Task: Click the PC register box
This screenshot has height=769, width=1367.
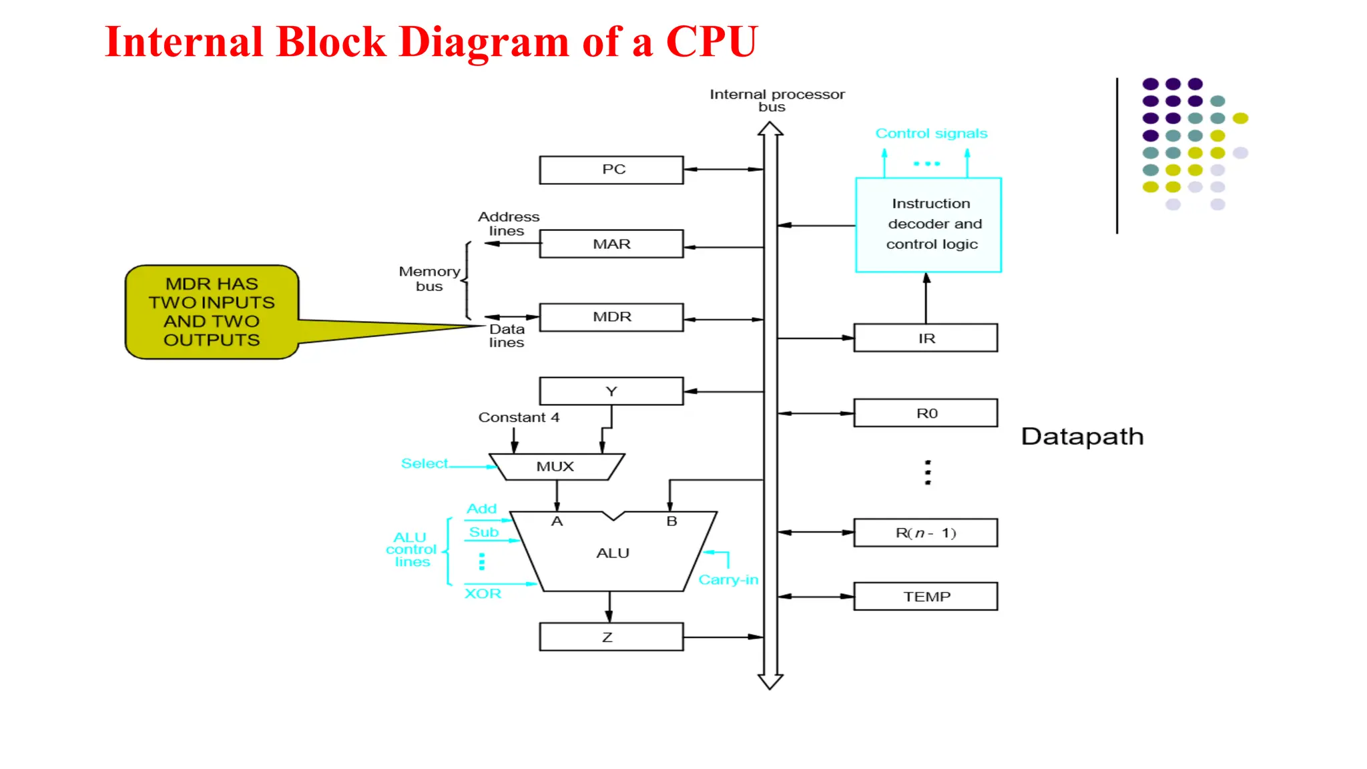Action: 611,170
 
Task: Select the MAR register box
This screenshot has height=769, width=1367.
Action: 611,244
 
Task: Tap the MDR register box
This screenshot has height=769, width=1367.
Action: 611,317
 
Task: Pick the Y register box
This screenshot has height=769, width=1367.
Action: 611,391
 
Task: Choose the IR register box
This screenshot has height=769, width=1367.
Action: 925,338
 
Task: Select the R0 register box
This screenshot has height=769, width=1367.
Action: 925,413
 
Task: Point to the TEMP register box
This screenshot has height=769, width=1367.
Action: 925,596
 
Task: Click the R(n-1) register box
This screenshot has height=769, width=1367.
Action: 925,533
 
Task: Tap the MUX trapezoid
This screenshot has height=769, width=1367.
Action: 556,467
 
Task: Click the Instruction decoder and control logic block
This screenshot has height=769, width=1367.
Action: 928,224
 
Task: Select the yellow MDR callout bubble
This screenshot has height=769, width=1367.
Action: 212,312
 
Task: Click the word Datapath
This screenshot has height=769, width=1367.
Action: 1082,437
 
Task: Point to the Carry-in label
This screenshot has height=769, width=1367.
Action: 728,579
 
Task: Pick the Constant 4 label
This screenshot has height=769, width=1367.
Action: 519,417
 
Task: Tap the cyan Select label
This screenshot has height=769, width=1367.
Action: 424,463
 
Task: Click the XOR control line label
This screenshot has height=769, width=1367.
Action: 483,593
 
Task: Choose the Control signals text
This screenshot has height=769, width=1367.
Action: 931,134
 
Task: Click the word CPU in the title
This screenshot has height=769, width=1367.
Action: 712,41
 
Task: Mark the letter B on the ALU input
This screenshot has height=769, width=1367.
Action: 671,521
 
